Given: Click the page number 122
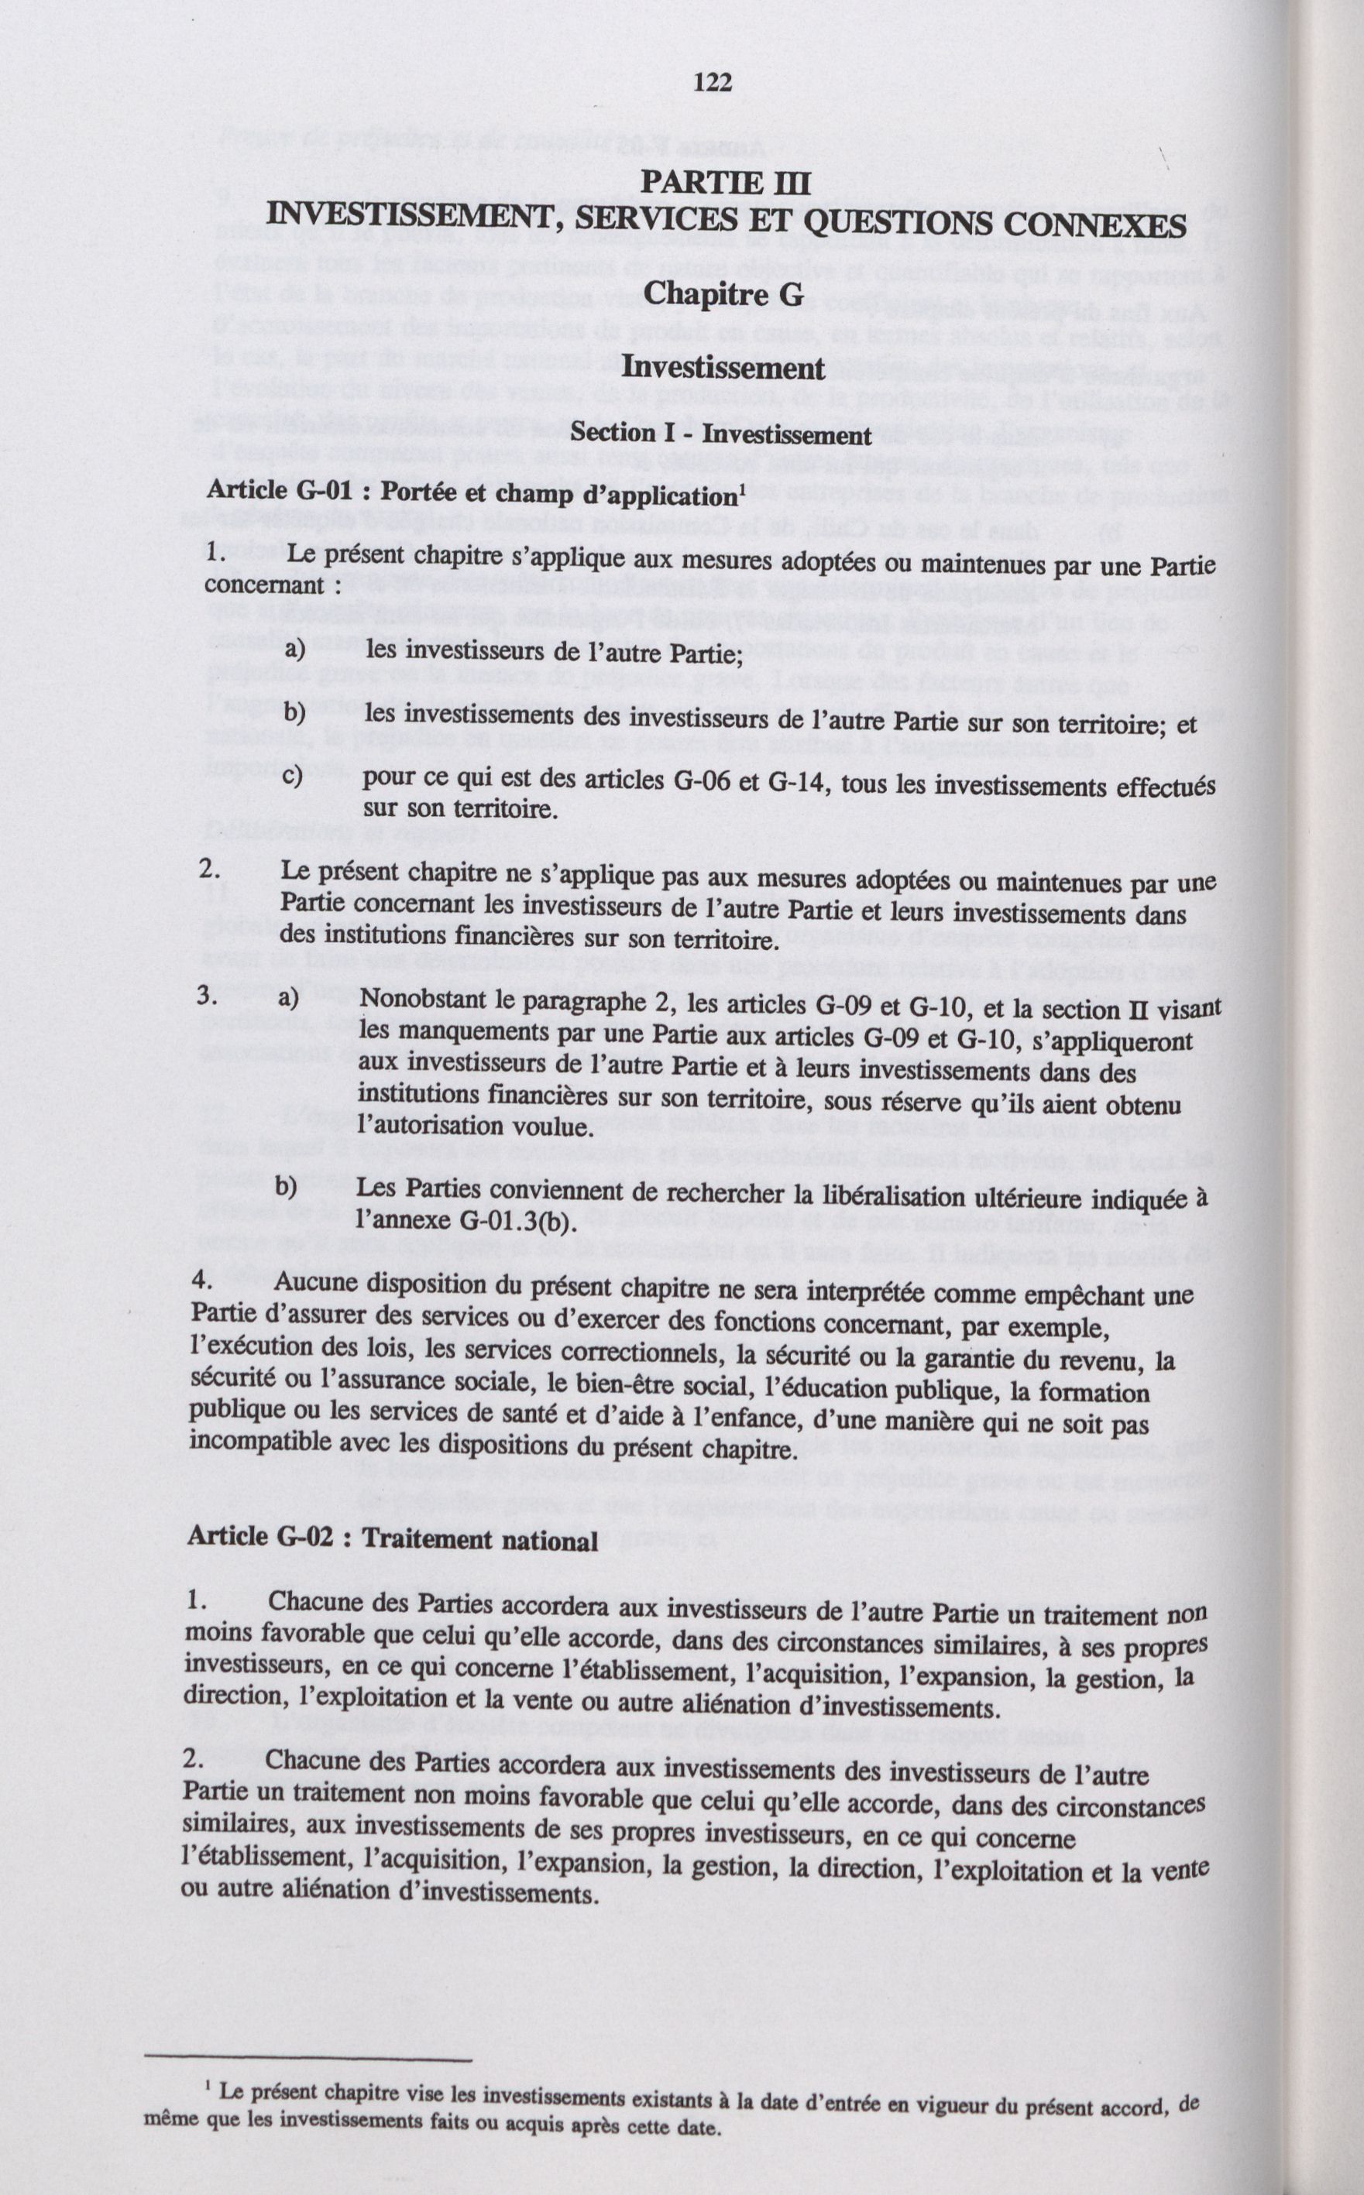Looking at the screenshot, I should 712,83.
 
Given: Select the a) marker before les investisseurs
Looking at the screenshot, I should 295,650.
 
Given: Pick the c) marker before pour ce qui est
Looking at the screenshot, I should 295,777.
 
